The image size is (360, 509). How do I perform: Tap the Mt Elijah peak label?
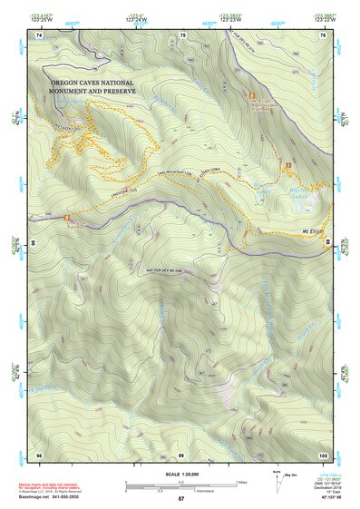click(313, 231)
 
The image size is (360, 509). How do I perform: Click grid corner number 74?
click(38, 34)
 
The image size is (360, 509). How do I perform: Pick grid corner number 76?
click(323, 34)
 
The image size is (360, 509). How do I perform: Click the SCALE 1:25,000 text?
click(180, 474)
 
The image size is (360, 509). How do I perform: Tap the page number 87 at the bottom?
click(180, 499)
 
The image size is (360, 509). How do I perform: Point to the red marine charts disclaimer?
click(53, 487)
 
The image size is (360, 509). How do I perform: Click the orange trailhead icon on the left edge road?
click(67, 218)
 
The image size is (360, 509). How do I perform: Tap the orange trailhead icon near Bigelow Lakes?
click(288, 165)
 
